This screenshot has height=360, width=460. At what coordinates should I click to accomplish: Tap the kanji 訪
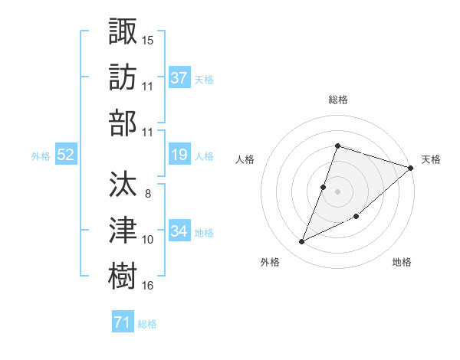click(x=123, y=77)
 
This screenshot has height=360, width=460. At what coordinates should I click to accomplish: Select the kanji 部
click(x=123, y=123)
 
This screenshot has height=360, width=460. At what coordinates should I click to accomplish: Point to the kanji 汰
click(x=123, y=184)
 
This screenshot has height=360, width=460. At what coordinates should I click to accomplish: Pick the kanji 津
click(x=123, y=230)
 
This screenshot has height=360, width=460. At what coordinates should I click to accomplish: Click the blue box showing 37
click(x=179, y=77)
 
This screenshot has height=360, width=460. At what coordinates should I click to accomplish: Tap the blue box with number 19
click(x=179, y=155)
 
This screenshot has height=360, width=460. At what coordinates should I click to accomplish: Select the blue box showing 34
click(x=179, y=231)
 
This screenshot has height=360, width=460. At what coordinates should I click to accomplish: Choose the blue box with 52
click(x=66, y=155)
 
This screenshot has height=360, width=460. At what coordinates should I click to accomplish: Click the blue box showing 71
click(x=123, y=322)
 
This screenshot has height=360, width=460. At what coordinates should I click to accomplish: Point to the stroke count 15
click(x=148, y=38)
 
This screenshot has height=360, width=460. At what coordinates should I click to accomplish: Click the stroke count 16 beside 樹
click(x=148, y=286)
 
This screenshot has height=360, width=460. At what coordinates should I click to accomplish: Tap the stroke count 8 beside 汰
click(x=147, y=194)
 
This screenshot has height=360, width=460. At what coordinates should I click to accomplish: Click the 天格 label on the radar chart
click(x=431, y=159)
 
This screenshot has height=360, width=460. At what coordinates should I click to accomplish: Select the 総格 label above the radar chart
click(x=337, y=100)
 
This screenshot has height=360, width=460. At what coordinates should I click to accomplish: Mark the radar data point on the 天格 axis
click(x=410, y=169)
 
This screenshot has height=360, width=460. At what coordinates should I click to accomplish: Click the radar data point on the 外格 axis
click(x=302, y=242)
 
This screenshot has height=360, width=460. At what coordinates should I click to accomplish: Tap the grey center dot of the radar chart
click(x=337, y=191)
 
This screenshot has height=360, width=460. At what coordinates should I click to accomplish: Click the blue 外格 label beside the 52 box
click(x=41, y=155)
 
